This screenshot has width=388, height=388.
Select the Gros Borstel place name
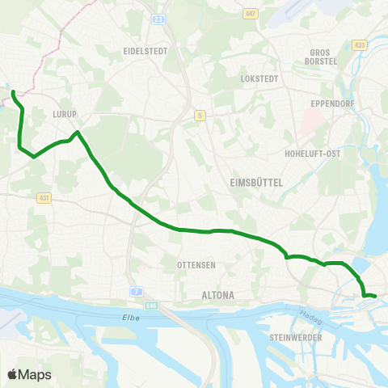(315, 57)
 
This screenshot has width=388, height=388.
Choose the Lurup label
(63, 115)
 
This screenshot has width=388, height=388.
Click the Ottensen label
(193, 265)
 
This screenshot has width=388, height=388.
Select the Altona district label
(217, 296)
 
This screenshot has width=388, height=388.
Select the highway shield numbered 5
(199, 116)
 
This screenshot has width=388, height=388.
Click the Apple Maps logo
(30, 374)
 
